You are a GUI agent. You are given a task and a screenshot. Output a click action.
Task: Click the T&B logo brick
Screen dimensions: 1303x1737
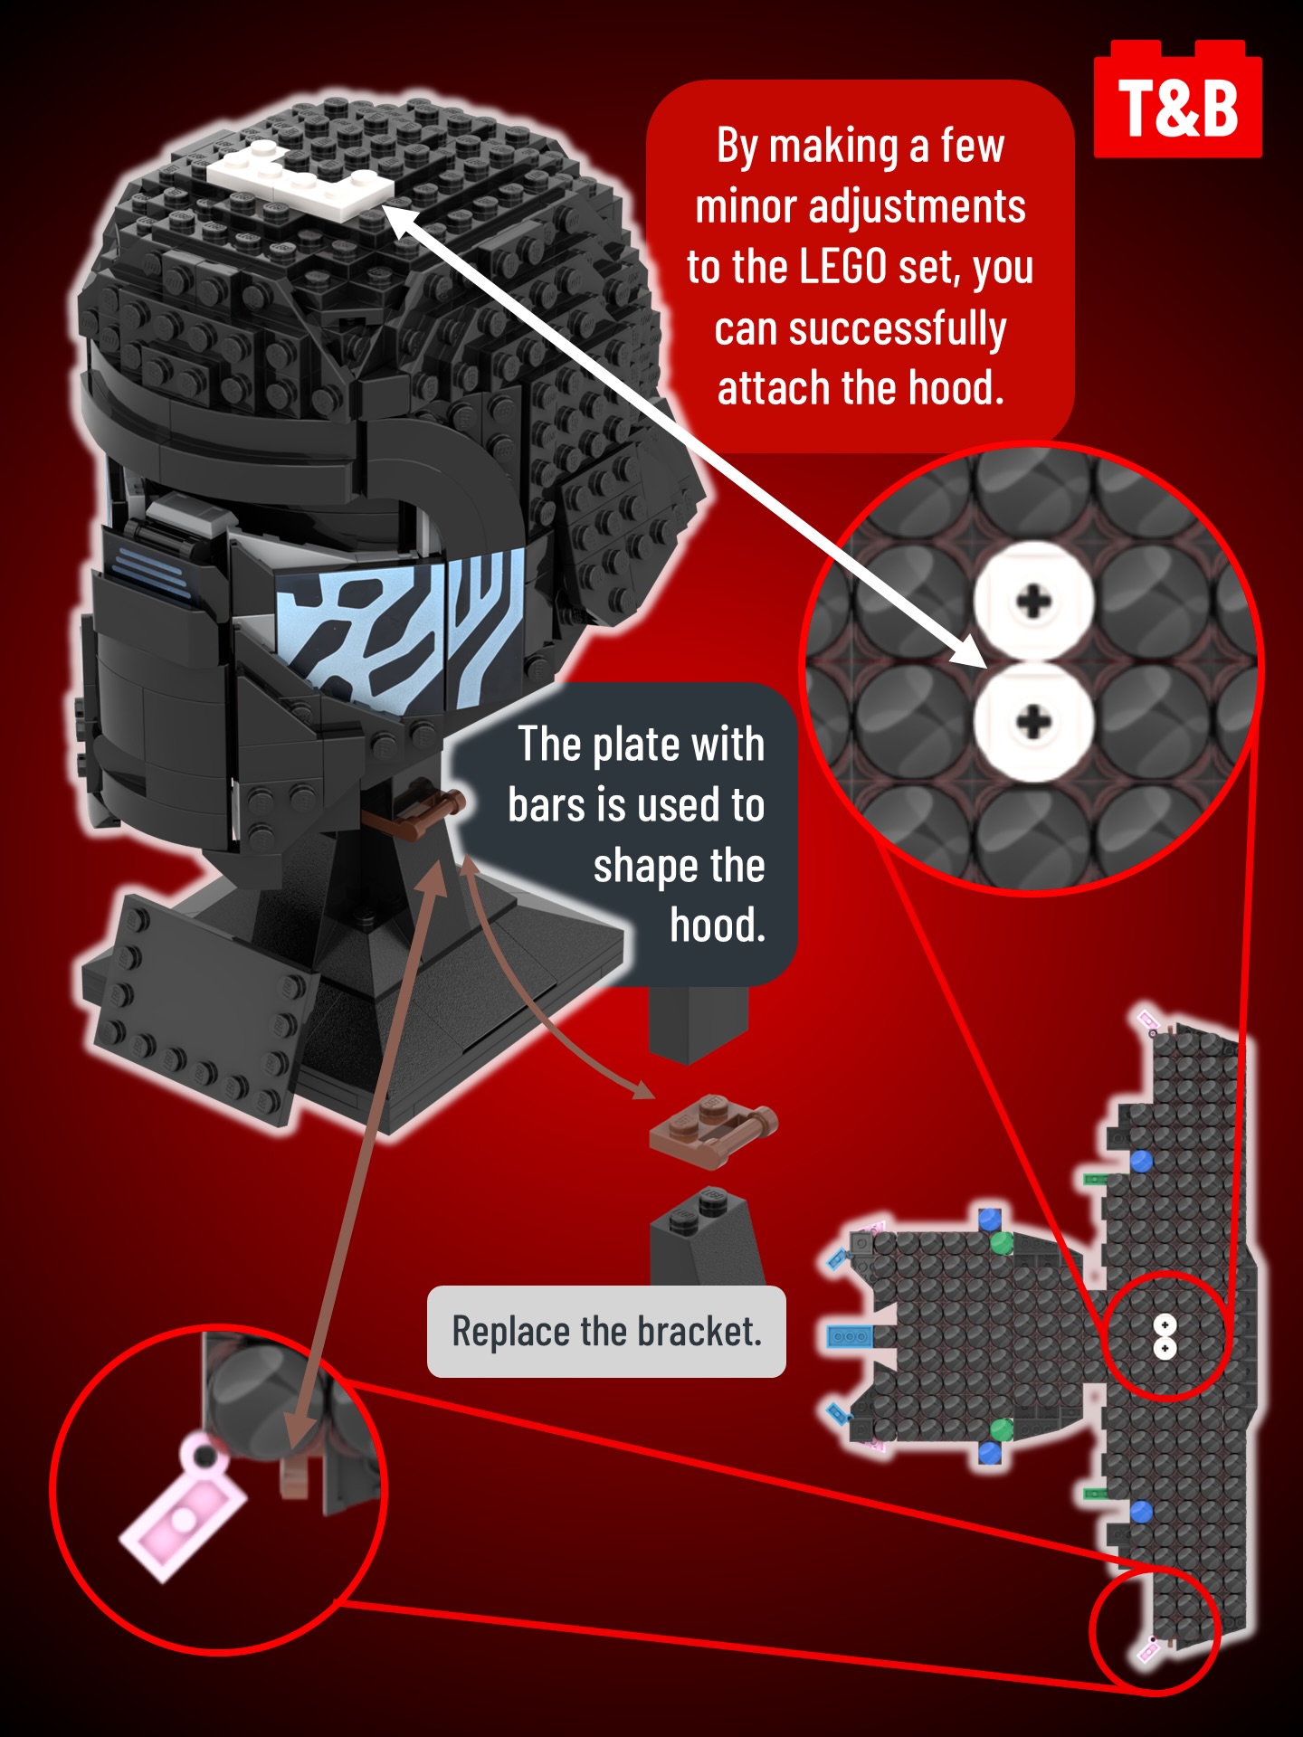(x=1177, y=100)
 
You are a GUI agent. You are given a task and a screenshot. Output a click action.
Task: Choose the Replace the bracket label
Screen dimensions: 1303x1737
(x=606, y=1332)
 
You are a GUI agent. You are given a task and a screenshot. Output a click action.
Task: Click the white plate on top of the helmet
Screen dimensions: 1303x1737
(x=300, y=179)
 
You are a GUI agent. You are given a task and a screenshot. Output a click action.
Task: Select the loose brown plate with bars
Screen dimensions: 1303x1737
(x=713, y=1129)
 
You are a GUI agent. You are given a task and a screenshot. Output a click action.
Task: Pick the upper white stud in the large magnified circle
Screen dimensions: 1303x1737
(x=1033, y=601)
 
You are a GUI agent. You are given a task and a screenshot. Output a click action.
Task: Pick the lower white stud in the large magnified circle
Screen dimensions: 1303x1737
(x=1033, y=722)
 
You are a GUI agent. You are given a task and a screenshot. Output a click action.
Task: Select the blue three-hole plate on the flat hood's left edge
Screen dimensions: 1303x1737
(x=850, y=1336)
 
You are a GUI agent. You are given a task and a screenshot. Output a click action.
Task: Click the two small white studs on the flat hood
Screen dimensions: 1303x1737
(x=1165, y=1336)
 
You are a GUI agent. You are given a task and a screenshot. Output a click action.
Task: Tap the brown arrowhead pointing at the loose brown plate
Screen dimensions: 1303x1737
(x=642, y=1089)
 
